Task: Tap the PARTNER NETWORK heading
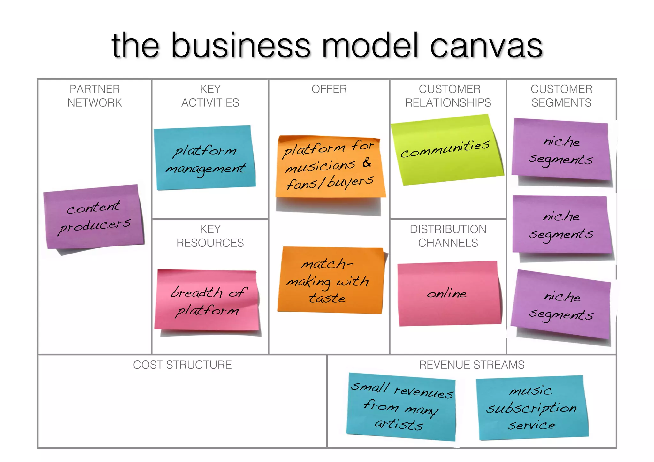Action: (x=95, y=96)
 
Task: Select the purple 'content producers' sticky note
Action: (x=94, y=217)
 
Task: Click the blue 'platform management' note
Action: (x=204, y=158)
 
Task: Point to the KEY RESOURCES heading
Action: (x=210, y=236)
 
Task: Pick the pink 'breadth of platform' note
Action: (x=207, y=300)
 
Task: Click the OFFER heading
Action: (x=329, y=89)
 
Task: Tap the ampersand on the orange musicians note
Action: (x=367, y=163)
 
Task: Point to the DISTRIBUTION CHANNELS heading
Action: (x=448, y=236)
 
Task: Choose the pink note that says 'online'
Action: (x=448, y=293)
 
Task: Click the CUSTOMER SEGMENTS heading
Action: (x=561, y=96)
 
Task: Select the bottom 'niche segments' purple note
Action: (x=561, y=305)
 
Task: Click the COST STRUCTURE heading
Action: (x=182, y=365)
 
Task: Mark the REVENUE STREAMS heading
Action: (x=471, y=365)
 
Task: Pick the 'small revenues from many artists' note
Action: (x=401, y=406)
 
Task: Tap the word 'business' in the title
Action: (x=240, y=47)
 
